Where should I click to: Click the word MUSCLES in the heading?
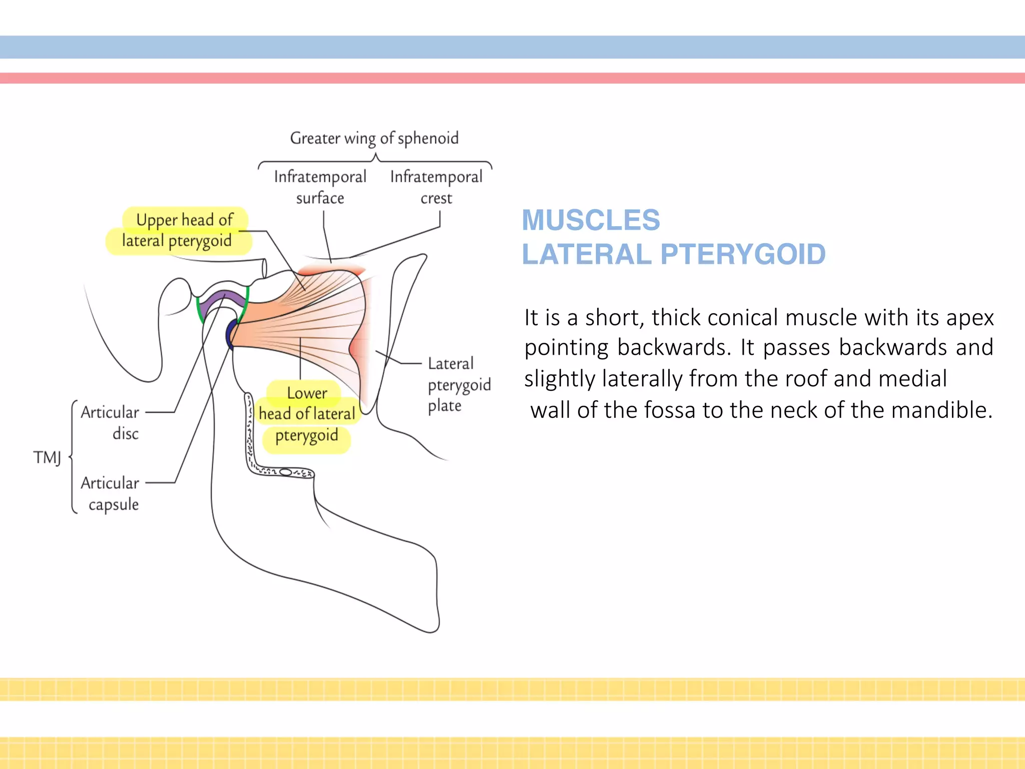click(591, 220)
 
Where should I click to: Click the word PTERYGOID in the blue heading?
click(743, 254)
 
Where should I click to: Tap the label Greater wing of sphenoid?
click(374, 138)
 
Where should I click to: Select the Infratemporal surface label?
click(320, 187)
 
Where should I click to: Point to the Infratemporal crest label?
click(436, 187)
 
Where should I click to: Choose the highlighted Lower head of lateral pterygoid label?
click(307, 414)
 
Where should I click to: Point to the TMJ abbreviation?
click(47, 457)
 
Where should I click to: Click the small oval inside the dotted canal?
click(286, 472)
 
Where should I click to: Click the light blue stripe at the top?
click(512, 47)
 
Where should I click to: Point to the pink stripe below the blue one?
click(512, 78)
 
